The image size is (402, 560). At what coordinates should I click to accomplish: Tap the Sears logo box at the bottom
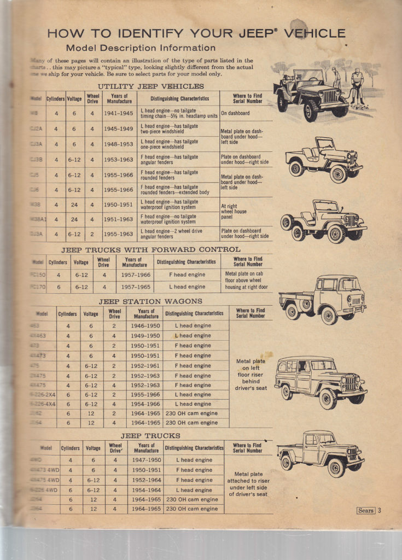click(366, 511)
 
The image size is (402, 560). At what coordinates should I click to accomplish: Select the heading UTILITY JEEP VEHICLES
click(150, 86)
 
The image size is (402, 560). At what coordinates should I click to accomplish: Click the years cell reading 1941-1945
click(119, 113)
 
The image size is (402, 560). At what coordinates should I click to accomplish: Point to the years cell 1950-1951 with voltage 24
click(119, 205)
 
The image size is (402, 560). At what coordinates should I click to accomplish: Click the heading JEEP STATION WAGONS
click(150, 301)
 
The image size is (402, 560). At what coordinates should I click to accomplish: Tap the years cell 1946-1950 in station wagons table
click(145, 325)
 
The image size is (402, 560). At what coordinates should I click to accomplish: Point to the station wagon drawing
click(321, 381)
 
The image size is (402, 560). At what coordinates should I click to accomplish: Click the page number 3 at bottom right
click(379, 511)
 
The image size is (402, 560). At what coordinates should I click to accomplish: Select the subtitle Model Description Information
click(140, 48)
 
